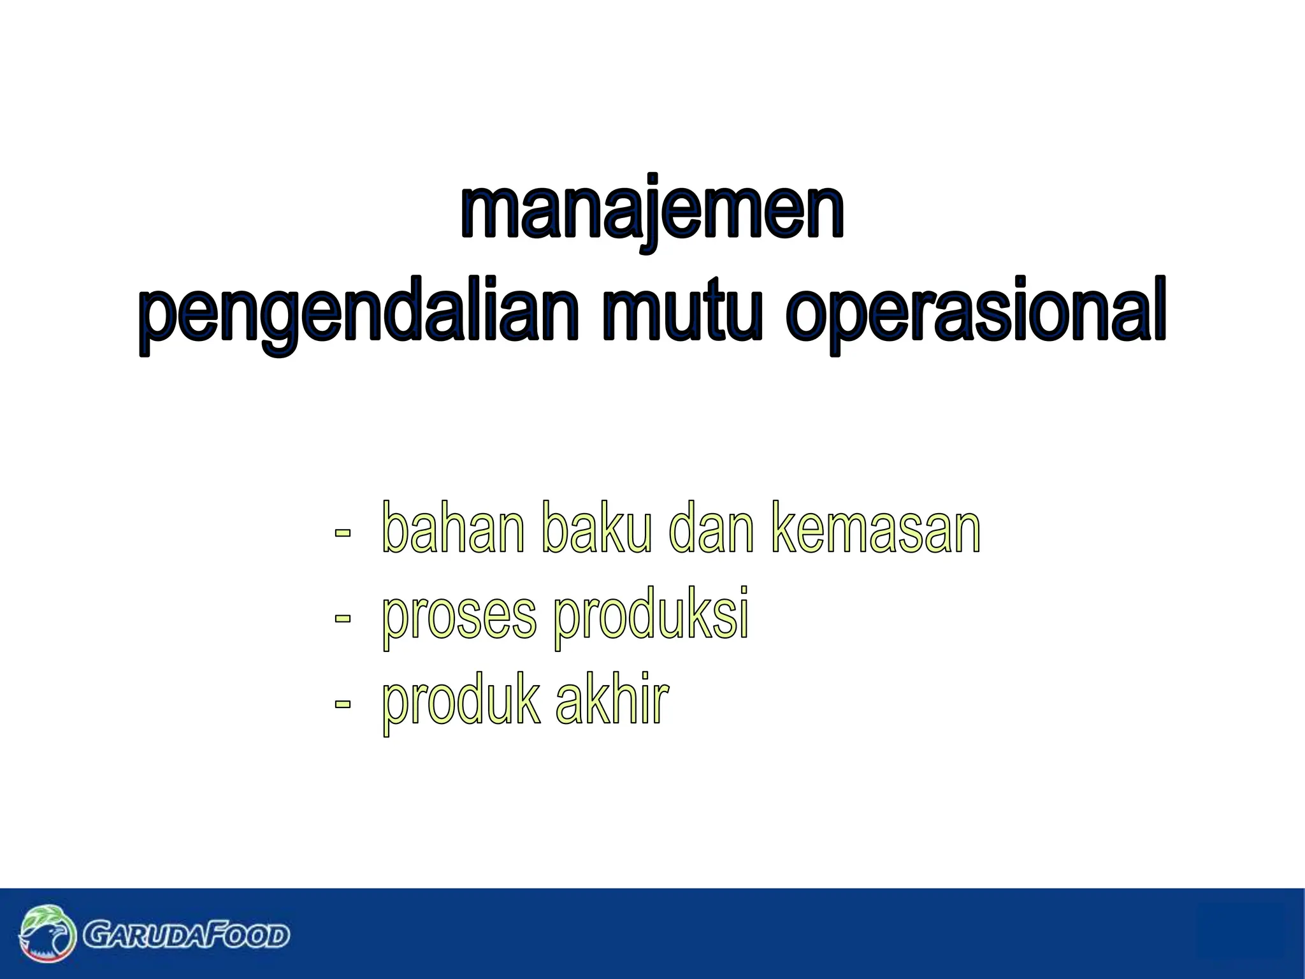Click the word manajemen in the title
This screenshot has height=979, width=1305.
[x=652, y=210]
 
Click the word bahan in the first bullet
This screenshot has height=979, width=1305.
[x=453, y=528]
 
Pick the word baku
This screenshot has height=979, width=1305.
[x=596, y=528]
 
